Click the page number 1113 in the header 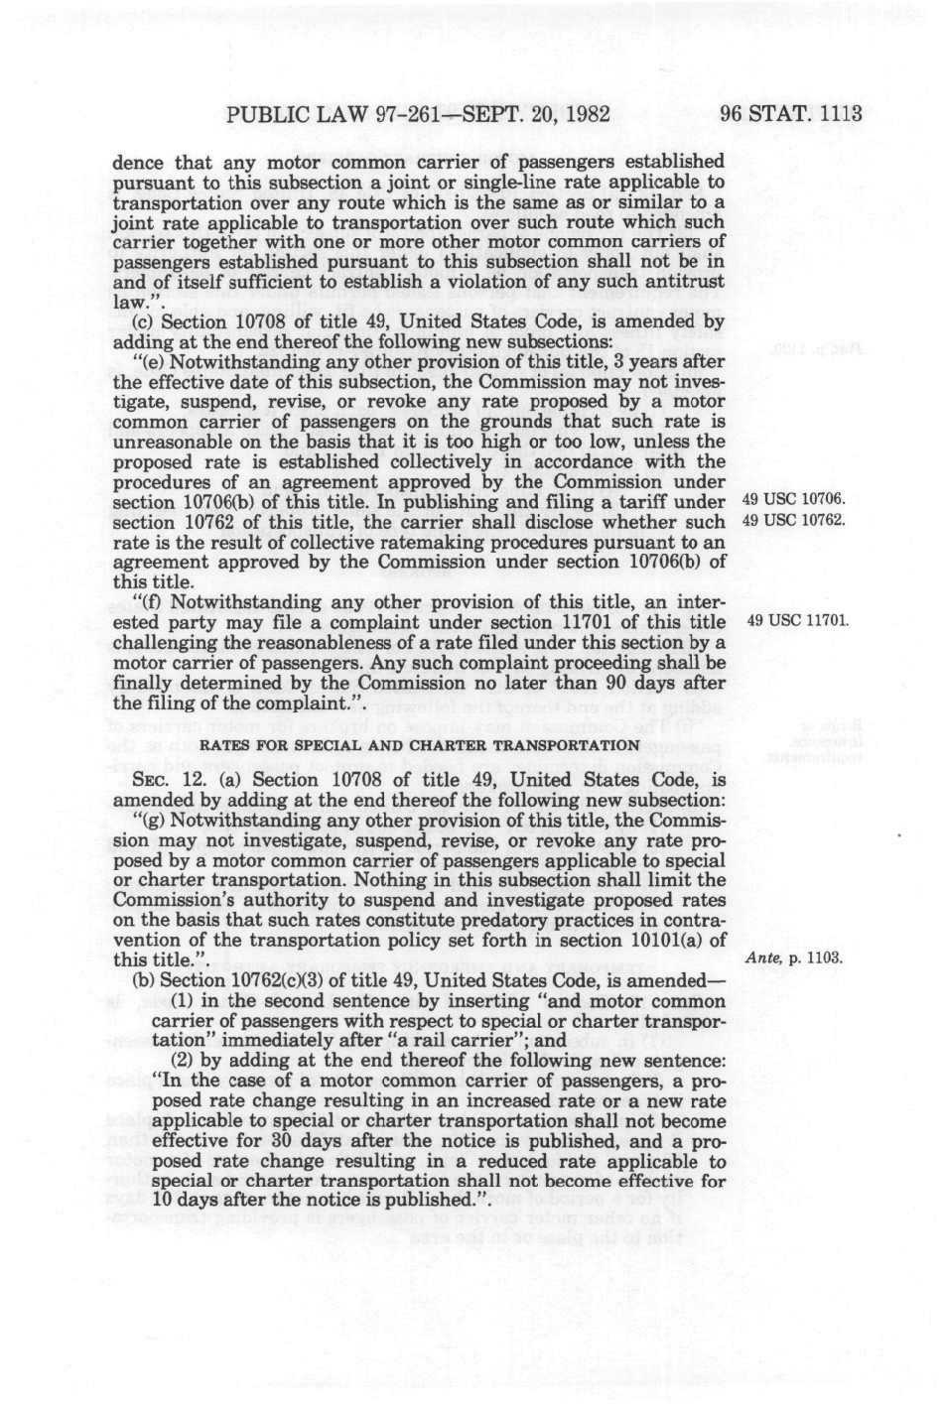pos(838,113)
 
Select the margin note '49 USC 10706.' pos(794,499)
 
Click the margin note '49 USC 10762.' pos(794,519)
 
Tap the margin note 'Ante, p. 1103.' pos(793,958)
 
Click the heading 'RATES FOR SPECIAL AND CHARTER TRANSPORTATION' pos(420,745)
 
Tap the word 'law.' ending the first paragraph pos(128,301)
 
